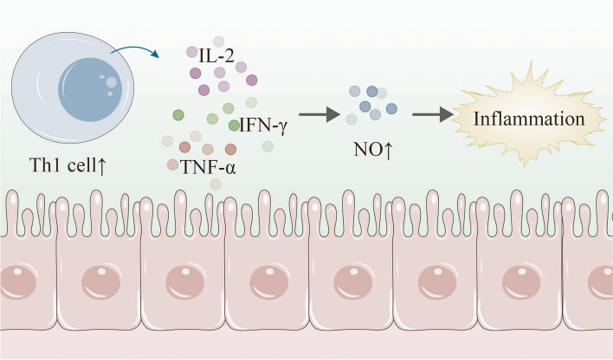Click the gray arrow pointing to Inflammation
pyautogui.click(x=431, y=113)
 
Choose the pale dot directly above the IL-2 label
pyautogui.click(x=218, y=41)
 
